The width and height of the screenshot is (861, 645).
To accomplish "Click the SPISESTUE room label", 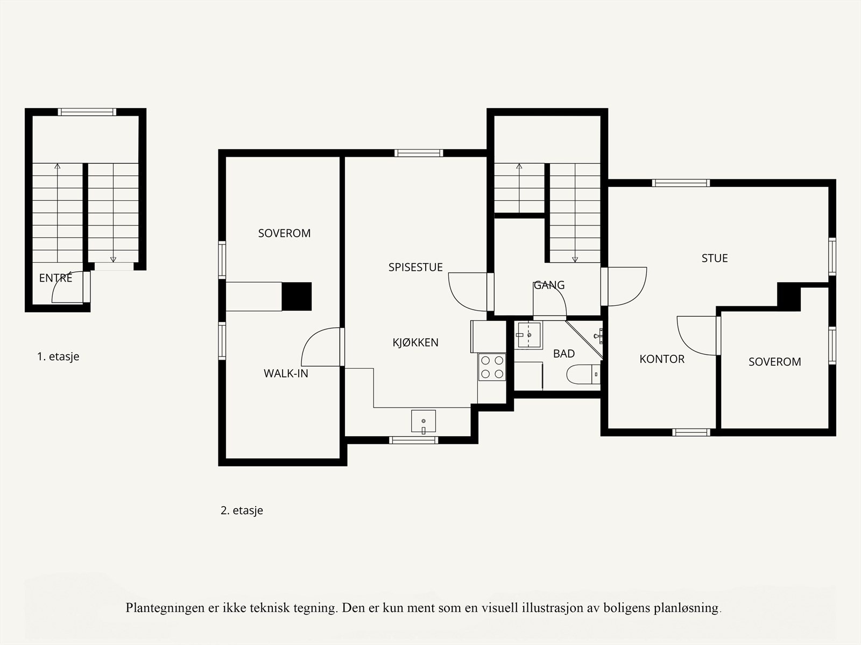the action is pos(415,267).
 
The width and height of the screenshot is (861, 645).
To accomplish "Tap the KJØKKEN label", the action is pos(415,342).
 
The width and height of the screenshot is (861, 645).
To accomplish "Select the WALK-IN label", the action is pos(286,374).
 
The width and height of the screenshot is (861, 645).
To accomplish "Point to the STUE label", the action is pos(715,258).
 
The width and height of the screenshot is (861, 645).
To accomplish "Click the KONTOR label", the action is pos(662,359).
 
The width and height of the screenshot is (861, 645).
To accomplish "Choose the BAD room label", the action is pos(564,354).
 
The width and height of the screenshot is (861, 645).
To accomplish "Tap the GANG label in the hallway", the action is pos(549,285).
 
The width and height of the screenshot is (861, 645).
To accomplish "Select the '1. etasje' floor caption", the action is pos(58,356).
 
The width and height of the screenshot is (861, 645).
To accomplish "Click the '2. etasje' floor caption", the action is pos(242,510).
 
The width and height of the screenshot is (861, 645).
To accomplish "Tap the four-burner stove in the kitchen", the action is pos(492,367).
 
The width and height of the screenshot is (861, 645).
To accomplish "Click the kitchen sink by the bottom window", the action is pos(424,422).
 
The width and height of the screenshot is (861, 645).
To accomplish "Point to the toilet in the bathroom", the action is pos(583,374).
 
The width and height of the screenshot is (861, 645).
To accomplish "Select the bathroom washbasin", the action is pos(529,335).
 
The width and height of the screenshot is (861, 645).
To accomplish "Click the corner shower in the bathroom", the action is pos(584,339).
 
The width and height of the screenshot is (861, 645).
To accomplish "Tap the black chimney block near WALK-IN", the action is pos(297,296).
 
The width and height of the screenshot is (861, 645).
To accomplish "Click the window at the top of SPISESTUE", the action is pos(419,153).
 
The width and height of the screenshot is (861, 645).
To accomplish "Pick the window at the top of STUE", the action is pos(681,183).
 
